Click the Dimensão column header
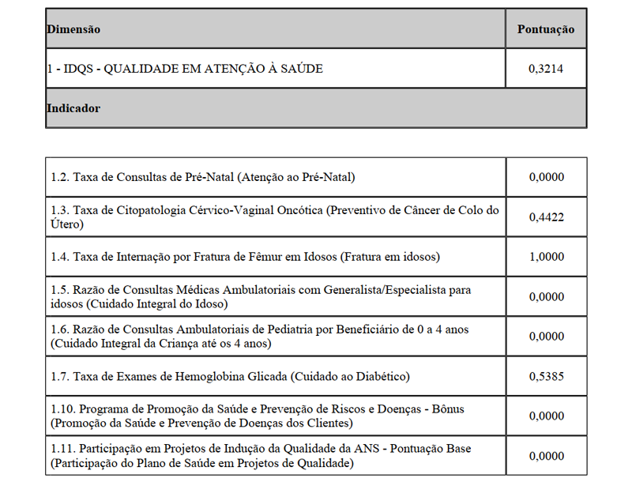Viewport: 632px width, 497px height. pos(73,29)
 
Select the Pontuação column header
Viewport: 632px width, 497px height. pos(546,29)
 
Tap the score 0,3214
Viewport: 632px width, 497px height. pos(546,69)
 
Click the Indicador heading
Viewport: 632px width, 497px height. pos(73,108)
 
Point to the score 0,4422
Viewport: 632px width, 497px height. pos(546,217)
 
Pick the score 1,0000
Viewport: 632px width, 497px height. pos(546,257)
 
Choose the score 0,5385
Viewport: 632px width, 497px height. pos(546,376)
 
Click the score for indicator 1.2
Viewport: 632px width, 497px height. pos(546,177)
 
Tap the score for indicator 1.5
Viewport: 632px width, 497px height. pos(546,296)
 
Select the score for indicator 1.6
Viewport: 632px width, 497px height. pos(546,336)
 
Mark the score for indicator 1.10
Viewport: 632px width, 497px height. pos(546,416)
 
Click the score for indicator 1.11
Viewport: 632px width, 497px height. pos(546,456)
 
